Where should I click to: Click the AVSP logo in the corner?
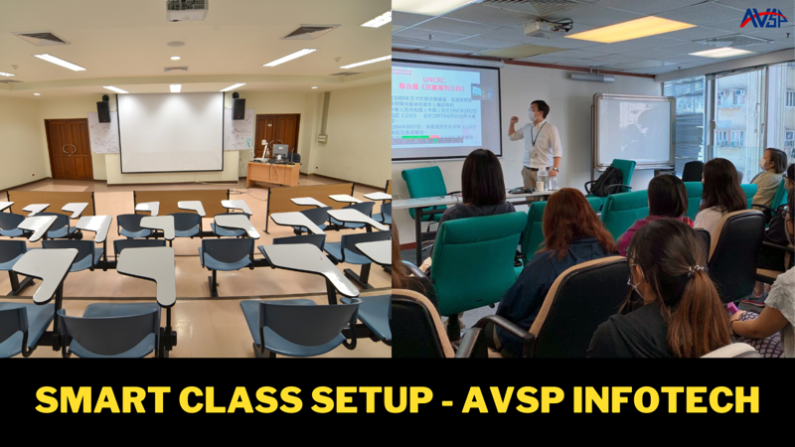tap(763, 17)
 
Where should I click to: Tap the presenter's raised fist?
tap(514, 119)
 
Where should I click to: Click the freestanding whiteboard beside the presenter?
tap(633, 130)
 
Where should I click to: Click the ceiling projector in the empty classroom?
tap(186, 10)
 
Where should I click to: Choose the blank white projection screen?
tap(170, 131)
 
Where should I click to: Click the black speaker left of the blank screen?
tap(103, 109)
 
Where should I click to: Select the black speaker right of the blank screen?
tap(238, 107)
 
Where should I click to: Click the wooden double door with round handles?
tap(69, 149)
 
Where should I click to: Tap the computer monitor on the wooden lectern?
tap(280, 151)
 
